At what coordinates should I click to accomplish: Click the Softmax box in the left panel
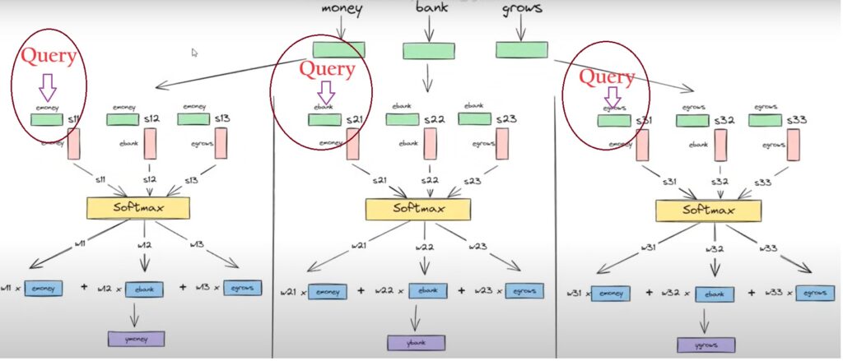pos(138,207)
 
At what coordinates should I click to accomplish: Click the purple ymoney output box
pos(136,339)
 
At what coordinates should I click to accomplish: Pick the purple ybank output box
pos(417,342)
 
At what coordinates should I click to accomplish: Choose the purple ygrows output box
pos(706,345)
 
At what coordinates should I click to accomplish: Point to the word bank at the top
pos(431,9)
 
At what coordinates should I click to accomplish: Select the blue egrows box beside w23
pos(519,290)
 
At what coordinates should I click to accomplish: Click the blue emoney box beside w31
pos(610,294)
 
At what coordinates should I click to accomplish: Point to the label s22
pos(435,120)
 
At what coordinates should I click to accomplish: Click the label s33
pos(796,120)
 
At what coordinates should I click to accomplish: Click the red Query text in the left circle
pos(49,57)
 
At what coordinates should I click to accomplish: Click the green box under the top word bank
pos(428,51)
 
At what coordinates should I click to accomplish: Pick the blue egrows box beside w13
pos(241,288)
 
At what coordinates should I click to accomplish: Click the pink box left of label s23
pos(496,143)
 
